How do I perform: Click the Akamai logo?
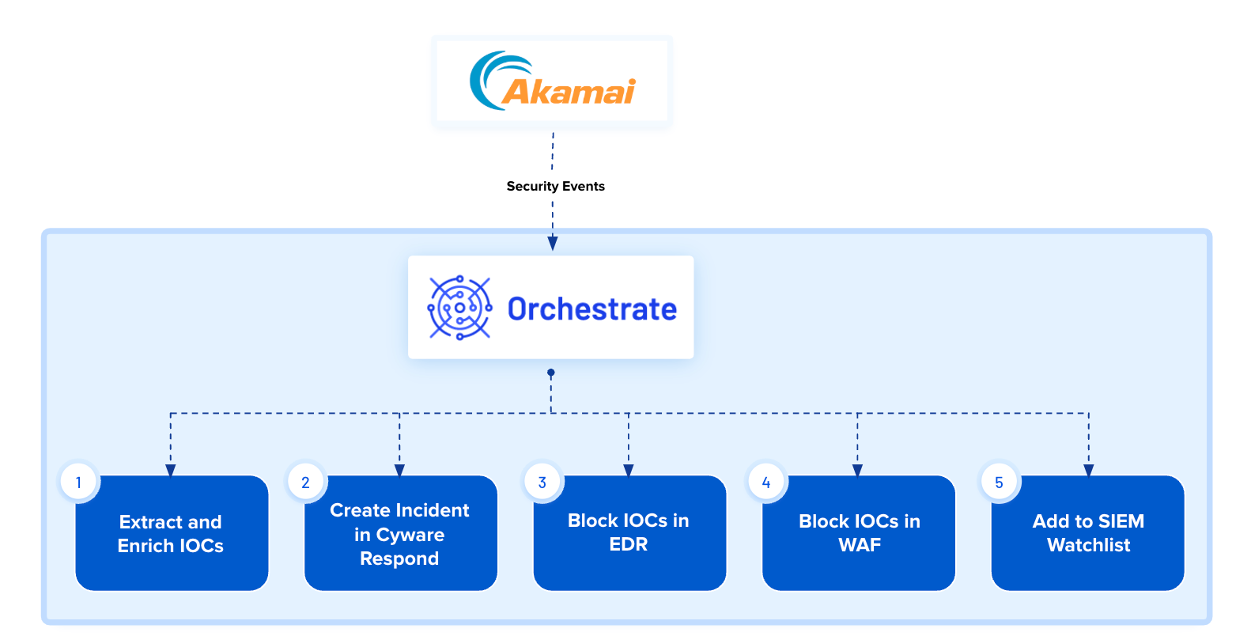click(552, 81)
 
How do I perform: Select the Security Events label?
click(556, 186)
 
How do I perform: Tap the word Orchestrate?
click(592, 309)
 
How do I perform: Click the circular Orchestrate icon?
click(459, 308)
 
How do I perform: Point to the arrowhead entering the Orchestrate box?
click(552, 243)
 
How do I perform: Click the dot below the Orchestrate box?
click(550, 373)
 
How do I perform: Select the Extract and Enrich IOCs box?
click(172, 532)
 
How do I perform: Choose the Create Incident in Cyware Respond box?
click(401, 532)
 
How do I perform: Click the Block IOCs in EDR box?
click(630, 532)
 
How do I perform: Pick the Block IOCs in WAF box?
click(859, 532)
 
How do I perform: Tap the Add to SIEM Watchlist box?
click(1088, 532)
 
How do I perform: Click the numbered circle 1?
click(79, 482)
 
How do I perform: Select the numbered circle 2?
click(305, 482)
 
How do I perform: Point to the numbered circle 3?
click(542, 482)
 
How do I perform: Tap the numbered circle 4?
click(766, 482)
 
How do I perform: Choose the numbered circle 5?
click(999, 482)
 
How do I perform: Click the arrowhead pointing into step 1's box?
click(171, 471)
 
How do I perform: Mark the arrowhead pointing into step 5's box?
click(1088, 471)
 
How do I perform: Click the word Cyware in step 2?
click(410, 535)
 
